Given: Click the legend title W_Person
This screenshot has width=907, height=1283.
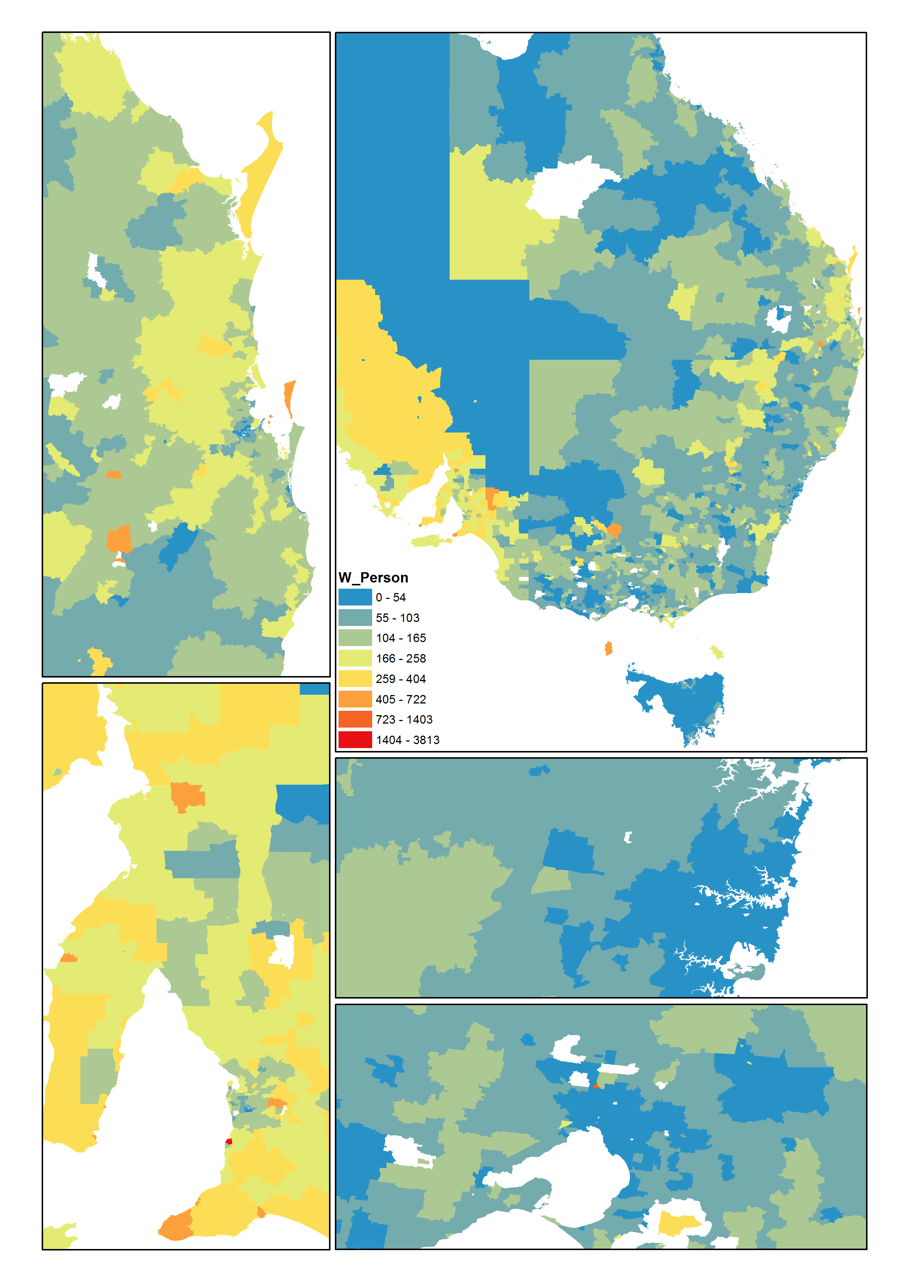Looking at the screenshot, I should click(x=373, y=577).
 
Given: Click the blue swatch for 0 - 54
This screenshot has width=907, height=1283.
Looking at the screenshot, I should click(x=355, y=597).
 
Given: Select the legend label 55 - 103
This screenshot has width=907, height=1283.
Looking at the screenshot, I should click(x=397, y=618).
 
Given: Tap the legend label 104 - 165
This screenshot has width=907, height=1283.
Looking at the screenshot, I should click(x=401, y=638).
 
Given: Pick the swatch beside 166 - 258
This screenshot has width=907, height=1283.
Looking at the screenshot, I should click(x=355, y=658).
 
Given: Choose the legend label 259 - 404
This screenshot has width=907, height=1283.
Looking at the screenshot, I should click(x=401, y=679).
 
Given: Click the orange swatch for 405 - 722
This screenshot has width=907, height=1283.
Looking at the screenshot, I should click(x=355, y=699).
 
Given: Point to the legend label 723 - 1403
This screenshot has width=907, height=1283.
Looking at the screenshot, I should click(x=404, y=720).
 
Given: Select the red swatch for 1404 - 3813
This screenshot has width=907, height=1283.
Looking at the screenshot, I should click(x=355, y=740).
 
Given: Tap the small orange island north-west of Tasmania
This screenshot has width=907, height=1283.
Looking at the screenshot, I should click(x=608, y=648).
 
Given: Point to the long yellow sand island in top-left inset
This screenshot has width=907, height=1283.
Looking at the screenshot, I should click(x=262, y=173).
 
